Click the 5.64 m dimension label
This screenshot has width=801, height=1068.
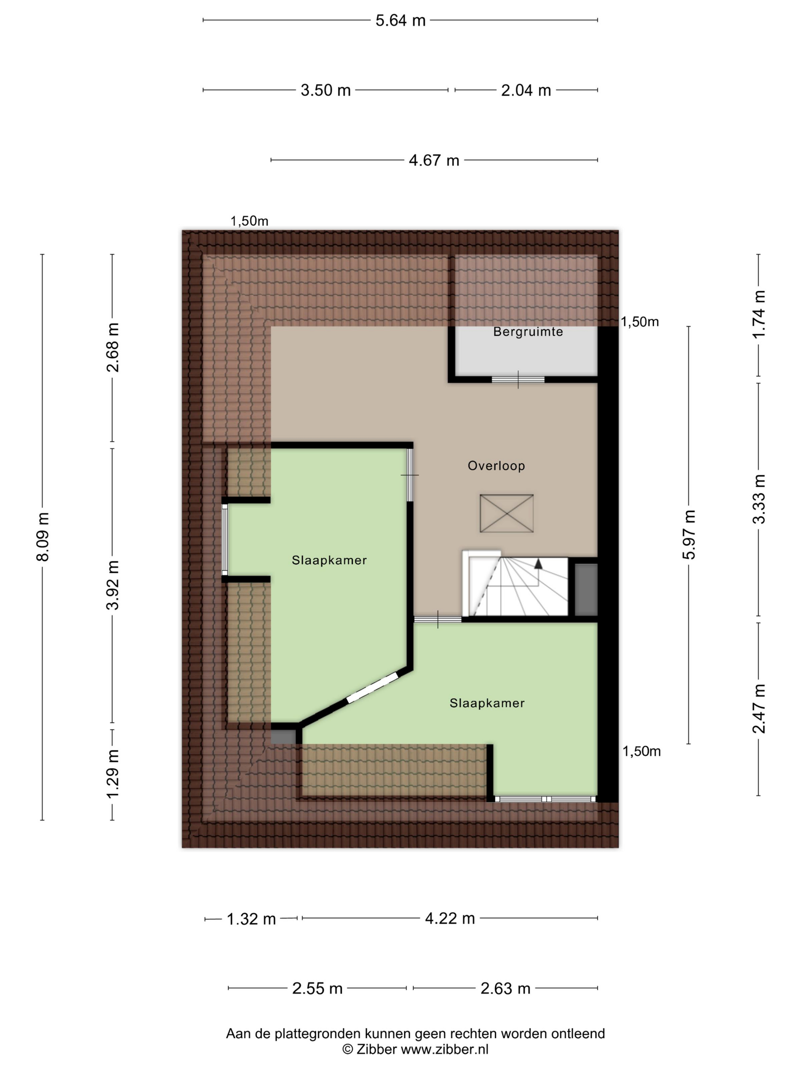(400, 20)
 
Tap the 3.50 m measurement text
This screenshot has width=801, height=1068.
(325, 90)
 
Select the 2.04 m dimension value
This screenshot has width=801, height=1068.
(526, 90)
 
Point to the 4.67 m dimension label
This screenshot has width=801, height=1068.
(434, 160)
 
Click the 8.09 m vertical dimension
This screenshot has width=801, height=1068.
(42, 536)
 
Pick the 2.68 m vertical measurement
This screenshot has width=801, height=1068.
(113, 347)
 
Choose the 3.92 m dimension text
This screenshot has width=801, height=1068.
(113, 585)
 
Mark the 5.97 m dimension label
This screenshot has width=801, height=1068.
(689, 534)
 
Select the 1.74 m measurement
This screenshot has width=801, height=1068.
(759, 314)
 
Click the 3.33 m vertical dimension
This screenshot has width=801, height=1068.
(759, 499)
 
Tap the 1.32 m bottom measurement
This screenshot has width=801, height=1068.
(251, 919)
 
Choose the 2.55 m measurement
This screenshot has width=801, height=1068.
(317, 988)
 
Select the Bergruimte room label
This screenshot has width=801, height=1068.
(528, 332)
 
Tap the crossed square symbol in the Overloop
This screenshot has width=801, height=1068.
(507, 513)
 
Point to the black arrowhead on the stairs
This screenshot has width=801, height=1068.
(538, 563)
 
